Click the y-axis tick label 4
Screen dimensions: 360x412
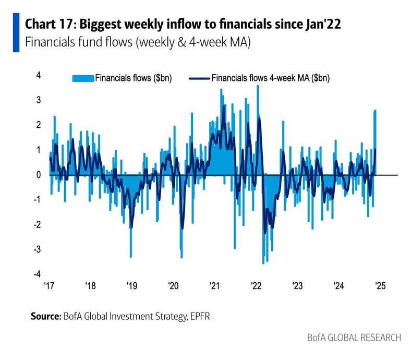[38, 75]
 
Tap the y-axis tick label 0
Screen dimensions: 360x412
[38, 175]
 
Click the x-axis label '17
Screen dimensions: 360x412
[49, 286]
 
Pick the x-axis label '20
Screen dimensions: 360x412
[173, 286]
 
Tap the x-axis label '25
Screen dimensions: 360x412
[379, 286]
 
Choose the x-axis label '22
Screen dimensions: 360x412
[256, 286]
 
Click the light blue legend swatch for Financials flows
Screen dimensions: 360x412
[82, 78]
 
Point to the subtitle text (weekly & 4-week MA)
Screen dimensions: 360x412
[192, 42]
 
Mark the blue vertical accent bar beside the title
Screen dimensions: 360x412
[16, 33]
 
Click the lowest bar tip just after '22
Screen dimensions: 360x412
[263, 263]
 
